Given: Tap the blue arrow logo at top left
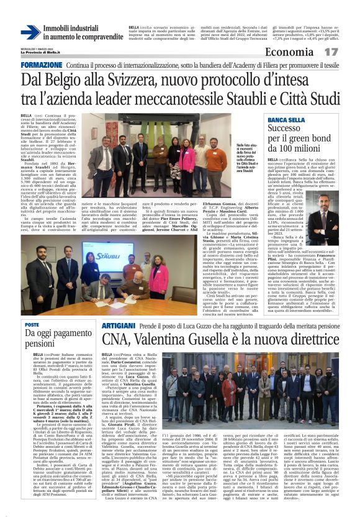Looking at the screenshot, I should (x=31, y=32).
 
